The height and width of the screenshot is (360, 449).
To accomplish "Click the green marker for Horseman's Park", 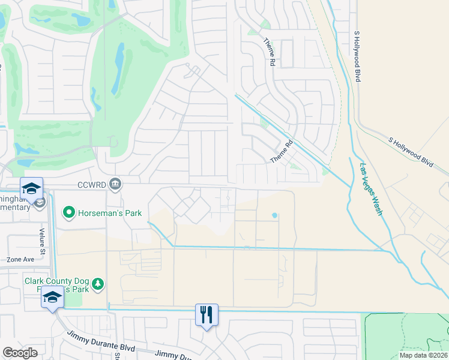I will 69,212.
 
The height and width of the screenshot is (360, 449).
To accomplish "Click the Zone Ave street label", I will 20,260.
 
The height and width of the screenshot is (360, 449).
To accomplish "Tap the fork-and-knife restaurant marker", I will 206,314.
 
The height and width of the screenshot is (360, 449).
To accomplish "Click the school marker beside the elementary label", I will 31,188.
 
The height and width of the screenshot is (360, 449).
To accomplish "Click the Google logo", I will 20,353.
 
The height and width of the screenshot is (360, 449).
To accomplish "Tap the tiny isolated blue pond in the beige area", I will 275,215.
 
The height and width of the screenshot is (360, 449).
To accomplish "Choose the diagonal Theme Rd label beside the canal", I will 280,152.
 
